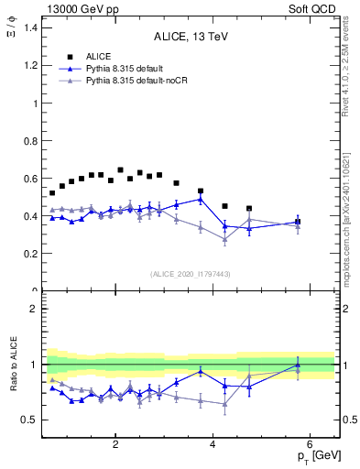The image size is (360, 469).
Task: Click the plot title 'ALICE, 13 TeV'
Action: (187, 37)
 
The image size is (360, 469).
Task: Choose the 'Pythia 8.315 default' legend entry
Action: (127, 69)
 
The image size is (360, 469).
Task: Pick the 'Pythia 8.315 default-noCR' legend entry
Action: (137, 82)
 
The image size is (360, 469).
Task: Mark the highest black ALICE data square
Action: (120, 169)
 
